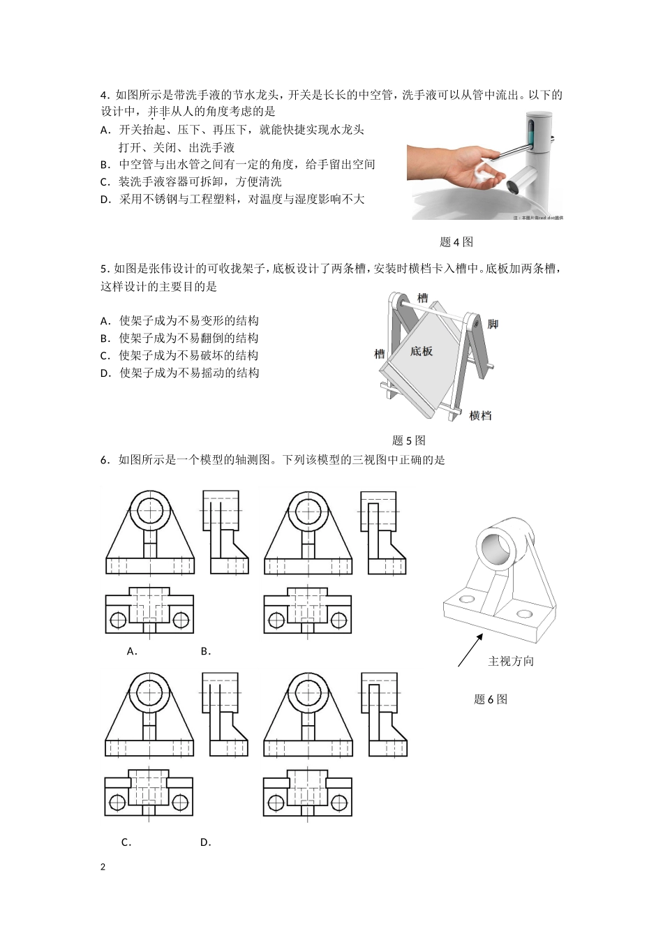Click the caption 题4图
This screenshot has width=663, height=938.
click(x=456, y=242)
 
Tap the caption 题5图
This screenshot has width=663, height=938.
click(x=408, y=440)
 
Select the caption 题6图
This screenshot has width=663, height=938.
click(x=490, y=699)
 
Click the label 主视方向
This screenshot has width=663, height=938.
click(x=510, y=661)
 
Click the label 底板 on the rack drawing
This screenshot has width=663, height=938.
click(x=421, y=351)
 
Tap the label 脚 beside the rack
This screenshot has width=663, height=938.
click(x=493, y=324)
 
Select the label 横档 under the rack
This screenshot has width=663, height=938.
click(x=480, y=415)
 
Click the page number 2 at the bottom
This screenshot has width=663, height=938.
click(x=103, y=867)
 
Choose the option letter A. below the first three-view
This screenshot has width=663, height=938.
click(x=131, y=651)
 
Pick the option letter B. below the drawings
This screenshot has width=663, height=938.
click(x=205, y=651)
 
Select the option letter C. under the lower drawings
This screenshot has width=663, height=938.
click(x=126, y=842)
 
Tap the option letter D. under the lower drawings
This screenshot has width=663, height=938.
click(x=205, y=842)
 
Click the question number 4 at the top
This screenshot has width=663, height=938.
click(x=103, y=95)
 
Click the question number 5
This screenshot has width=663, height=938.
click(x=103, y=269)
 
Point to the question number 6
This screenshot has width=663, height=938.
click(x=103, y=460)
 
